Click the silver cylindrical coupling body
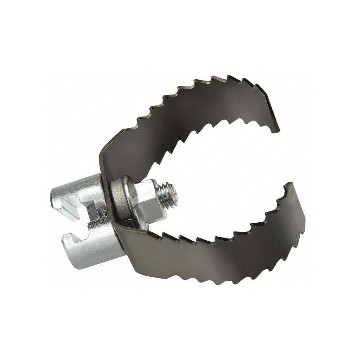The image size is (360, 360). tap(81, 225)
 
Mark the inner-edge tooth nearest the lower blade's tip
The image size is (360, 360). tap(283, 193)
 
